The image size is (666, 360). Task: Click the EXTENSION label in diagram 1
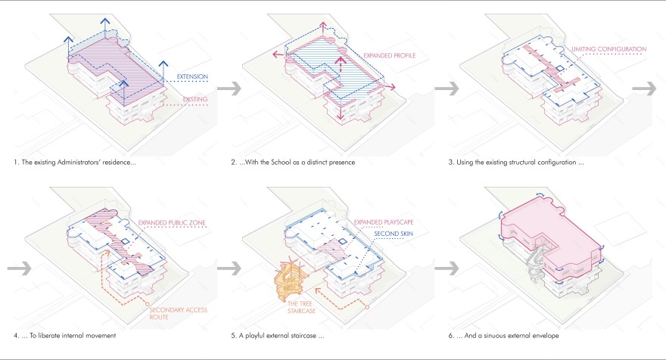coord(192,76)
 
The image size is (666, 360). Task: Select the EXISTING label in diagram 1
coord(195,98)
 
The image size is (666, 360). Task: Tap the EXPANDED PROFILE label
coord(389,55)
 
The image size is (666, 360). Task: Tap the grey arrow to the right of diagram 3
coord(644,88)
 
